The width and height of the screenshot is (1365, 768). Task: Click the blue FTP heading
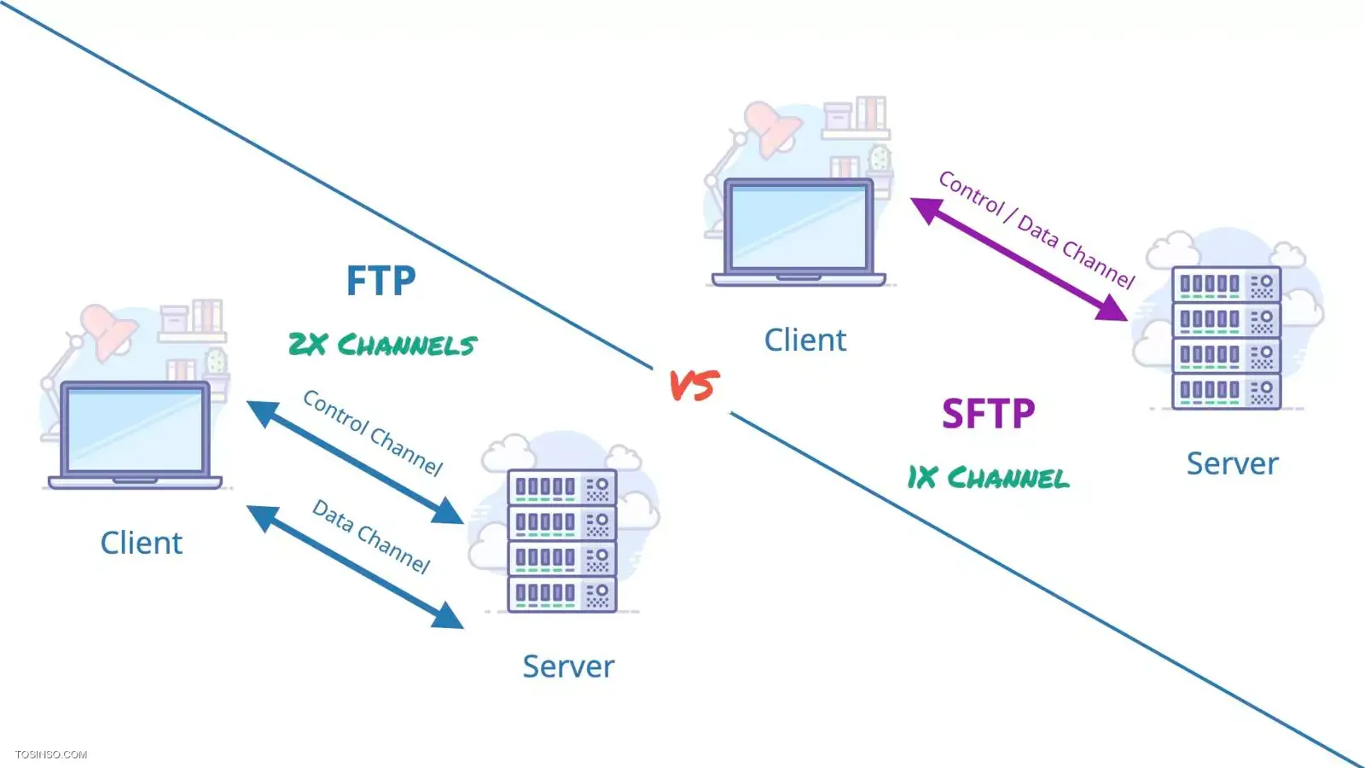pyautogui.click(x=380, y=281)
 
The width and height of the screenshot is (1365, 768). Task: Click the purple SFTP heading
pyautogui.click(x=988, y=415)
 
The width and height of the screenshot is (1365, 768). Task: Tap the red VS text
pyautogui.click(x=694, y=386)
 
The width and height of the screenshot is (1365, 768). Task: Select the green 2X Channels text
pyautogui.click(x=382, y=345)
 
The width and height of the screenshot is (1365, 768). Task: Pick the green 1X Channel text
pyautogui.click(x=988, y=478)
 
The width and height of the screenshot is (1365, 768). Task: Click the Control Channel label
pyautogui.click(x=374, y=433)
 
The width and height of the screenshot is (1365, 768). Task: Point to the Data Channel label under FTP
pyautogui.click(x=371, y=536)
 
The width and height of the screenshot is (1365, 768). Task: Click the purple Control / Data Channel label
pyautogui.click(x=1037, y=230)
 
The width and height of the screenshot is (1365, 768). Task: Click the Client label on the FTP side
pyautogui.click(x=142, y=543)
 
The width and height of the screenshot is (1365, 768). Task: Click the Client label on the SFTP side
pyautogui.click(x=804, y=340)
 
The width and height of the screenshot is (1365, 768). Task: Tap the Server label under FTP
pyautogui.click(x=568, y=666)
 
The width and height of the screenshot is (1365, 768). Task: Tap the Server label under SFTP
pyautogui.click(x=1232, y=463)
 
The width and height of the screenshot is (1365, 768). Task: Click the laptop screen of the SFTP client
pyautogui.click(x=799, y=226)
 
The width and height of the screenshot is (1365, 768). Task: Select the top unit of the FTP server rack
pyautogui.click(x=561, y=487)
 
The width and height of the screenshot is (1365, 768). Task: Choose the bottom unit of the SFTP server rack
pyautogui.click(x=1226, y=392)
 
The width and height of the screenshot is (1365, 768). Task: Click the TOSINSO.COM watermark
pyautogui.click(x=50, y=754)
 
